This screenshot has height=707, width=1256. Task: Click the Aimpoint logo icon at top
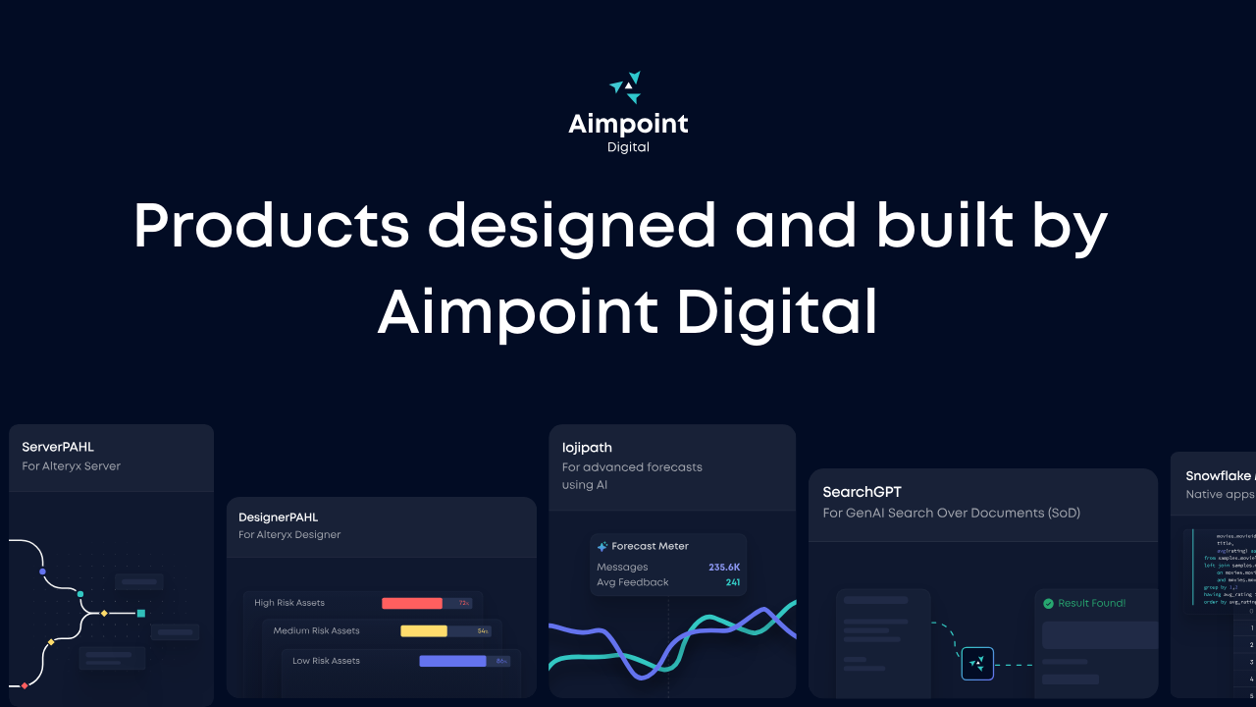[x=627, y=87]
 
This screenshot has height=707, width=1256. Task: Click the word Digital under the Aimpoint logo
[x=628, y=147]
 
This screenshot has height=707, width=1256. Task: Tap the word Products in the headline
[x=271, y=226]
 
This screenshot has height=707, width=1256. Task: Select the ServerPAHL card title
[x=58, y=447]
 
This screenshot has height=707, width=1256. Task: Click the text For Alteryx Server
[x=72, y=466]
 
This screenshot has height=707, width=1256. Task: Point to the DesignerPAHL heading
[x=279, y=517]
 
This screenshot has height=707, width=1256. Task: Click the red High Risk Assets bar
[x=412, y=603]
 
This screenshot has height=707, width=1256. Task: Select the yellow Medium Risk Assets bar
[x=424, y=631]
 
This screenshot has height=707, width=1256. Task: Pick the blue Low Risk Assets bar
[x=452, y=661]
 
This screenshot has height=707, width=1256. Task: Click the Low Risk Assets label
[x=326, y=661]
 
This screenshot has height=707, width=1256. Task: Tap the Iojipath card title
[x=587, y=448]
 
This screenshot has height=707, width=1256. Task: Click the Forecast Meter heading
[x=650, y=546]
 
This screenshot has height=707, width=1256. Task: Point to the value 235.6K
[x=724, y=567]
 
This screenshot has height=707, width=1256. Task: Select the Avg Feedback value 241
[x=732, y=582]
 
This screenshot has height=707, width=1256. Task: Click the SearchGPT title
[x=862, y=492]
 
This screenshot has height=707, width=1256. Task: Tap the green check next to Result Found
[x=1048, y=603]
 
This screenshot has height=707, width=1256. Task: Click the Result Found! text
[x=1091, y=603]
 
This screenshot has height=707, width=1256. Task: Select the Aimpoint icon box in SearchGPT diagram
[x=977, y=664]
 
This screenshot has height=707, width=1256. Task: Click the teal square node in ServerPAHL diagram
[x=141, y=613]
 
